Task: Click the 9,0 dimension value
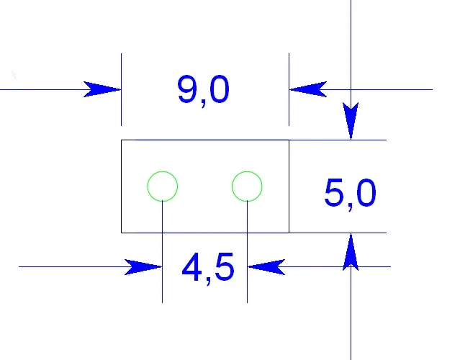click(203, 91)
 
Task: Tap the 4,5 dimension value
click(208, 268)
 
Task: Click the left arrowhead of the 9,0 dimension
click(102, 89)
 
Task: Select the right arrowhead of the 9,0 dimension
click(308, 89)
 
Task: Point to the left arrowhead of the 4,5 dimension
click(143, 267)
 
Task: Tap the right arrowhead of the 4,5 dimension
click(266, 267)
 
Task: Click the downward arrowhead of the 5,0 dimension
click(351, 121)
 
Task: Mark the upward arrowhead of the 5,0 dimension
click(351, 252)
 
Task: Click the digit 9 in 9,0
click(186, 89)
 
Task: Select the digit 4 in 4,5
click(192, 266)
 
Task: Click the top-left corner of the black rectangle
click(122, 140)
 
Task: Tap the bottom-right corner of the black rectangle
click(289, 233)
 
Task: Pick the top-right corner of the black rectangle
click(289, 140)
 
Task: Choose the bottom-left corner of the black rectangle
click(122, 233)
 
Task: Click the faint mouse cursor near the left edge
click(14, 75)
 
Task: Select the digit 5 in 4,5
click(225, 266)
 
